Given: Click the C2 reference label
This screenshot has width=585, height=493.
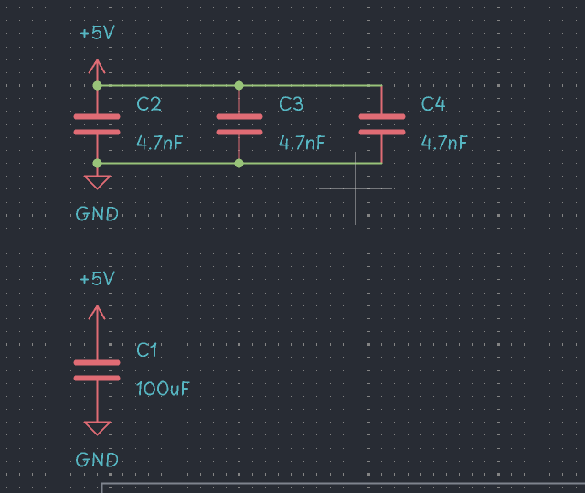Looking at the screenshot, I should (x=149, y=103).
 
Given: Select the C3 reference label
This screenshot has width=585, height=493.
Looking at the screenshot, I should (x=291, y=103).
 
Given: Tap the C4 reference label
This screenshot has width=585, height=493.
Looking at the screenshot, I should (x=433, y=103).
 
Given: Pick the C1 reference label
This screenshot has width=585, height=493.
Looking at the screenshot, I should (x=147, y=349).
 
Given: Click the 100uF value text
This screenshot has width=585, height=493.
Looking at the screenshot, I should (x=163, y=388).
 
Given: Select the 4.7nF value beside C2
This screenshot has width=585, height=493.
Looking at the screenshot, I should (x=160, y=143).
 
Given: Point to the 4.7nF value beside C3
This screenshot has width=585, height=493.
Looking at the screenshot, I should (x=302, y=143).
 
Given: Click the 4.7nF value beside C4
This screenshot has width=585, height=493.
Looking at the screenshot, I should (x=444, y=143).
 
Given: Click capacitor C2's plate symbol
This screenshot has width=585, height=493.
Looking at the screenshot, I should (x=97, y=124).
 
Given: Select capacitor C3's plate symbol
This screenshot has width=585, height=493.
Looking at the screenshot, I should (x=239, y=124).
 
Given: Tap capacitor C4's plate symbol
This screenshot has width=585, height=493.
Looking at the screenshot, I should (x=381, y=124).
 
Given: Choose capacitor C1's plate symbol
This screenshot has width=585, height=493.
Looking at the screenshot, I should (x=97, y=370).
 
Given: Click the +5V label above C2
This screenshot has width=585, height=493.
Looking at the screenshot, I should (x=97, y=33).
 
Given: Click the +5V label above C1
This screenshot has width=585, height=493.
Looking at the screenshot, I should (x=97, y=279).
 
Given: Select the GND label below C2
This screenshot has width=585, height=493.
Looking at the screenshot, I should (x=97, y=214).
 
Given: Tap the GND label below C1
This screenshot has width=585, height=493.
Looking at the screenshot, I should (x=97, y=459).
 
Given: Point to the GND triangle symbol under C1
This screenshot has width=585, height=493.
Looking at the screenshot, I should (x=97, y=427).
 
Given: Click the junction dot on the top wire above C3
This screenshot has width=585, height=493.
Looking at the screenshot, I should (x=239, y=85).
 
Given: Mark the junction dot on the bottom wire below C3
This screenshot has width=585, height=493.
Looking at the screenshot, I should (x=239, y=163).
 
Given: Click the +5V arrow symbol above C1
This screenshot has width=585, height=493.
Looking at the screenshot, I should (x=97, y=312).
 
